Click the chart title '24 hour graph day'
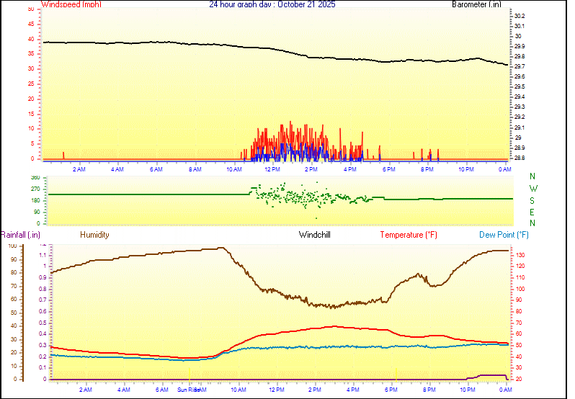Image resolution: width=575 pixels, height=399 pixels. click(x=241, y=4)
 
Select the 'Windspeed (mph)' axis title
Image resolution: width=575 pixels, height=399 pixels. click(x=71, y=4)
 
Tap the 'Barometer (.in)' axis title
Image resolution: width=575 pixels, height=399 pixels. click(x=476, y=4)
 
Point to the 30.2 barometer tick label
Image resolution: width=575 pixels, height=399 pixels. click(x=520, y=16)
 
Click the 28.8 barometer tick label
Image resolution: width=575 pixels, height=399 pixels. click(x=520, y=158)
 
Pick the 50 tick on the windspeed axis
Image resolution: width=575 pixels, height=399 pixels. click(x=30, y=9)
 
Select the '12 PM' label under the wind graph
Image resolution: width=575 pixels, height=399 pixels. click(x=272, y=169)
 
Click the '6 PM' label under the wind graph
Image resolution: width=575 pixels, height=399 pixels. click(x=388, y=169)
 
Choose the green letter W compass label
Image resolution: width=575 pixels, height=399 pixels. click(x=532, y=189)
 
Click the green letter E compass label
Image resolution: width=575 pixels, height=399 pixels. click(x=532, y=212)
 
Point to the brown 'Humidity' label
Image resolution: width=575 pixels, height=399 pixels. click(x=94, y=235)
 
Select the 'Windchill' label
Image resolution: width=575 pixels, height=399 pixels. click(x=315, y=235)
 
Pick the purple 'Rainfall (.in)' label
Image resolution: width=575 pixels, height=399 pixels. click(x=20, y=235)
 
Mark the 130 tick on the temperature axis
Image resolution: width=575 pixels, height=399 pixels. click(x=520, y=255)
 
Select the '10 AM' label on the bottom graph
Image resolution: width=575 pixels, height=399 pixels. click(x=238, y=390)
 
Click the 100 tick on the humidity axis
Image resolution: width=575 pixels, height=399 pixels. click(x=12, y=246)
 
